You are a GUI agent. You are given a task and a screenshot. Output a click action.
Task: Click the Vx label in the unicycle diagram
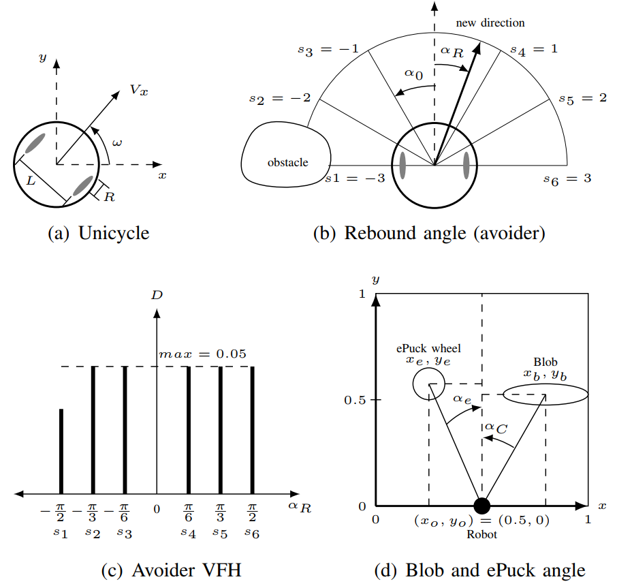pos(138,91)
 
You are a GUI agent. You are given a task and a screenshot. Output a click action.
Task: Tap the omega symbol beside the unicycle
pos(118,143)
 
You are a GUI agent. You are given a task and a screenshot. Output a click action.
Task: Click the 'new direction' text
pos(490,22)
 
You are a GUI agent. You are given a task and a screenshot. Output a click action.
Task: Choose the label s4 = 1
pos(535,49)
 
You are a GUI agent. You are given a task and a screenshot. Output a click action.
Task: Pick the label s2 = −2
pos(280,99)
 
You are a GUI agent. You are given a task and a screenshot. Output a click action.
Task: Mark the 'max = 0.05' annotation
pos(202,354)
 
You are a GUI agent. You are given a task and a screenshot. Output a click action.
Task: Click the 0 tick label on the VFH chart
pos(157,508)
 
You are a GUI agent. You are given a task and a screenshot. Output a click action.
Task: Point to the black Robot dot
pos(481,506)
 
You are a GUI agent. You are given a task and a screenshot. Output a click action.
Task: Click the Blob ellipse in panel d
pos(545,394)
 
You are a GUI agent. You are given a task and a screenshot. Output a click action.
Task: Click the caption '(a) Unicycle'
pos(98,233)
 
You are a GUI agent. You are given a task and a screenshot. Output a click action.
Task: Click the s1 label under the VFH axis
pos(61,533)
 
